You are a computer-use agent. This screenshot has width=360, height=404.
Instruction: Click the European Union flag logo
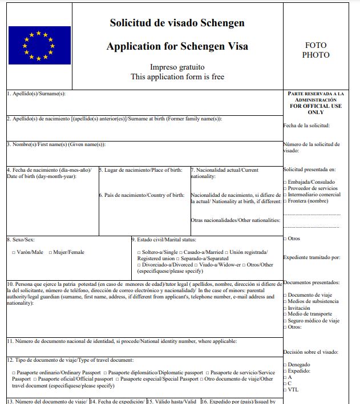[x=39, y=45]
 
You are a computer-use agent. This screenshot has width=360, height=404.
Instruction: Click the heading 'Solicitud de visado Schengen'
[x=177, y=23]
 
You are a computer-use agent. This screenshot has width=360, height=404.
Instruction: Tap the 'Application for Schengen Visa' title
[x=177, y=46]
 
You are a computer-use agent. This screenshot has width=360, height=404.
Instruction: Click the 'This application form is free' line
[x=177, y=76]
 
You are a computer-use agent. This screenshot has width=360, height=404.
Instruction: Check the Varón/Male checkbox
[x=14, y=252]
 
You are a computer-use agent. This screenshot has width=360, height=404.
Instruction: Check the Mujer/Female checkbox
[x=51, y=252]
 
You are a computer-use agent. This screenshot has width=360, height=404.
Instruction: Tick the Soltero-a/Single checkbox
[x=139, y=252]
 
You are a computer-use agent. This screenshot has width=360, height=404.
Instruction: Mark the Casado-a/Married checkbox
[x=181, y=252]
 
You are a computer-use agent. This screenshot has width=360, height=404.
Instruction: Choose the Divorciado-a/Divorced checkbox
[x=139, y=265]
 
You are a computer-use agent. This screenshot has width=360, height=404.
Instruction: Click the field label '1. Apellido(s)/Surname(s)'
[x=36, y=94]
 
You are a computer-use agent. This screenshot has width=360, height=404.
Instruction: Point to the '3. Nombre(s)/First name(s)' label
[x=56, y=144]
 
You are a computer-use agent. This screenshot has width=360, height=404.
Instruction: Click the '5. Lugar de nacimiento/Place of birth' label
[x=140, y=170]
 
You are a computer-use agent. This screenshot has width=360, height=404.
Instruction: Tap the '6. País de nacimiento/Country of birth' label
[x=141, y=195]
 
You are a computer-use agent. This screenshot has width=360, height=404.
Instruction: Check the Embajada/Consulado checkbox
[x=285, y=183]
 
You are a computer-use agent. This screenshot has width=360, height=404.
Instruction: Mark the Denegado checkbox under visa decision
[x=285, y=365]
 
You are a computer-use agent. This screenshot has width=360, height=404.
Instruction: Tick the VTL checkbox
[x=285, y=389]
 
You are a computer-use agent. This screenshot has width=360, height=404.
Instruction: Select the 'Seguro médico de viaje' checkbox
[x=285, y=321]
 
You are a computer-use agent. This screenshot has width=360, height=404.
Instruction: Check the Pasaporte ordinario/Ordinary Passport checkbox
[x=14, y=373]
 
